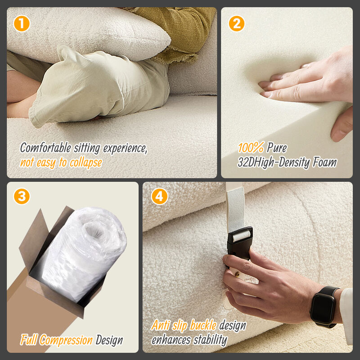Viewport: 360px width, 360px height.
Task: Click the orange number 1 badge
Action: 22,23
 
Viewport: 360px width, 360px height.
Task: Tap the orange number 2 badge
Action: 237,23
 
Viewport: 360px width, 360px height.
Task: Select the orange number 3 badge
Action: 22,197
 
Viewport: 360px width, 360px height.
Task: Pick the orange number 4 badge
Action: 159,197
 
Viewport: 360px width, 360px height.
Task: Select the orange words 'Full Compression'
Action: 56,340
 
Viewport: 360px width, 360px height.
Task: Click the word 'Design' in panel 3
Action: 109,340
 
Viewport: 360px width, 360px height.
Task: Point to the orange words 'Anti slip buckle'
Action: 184,325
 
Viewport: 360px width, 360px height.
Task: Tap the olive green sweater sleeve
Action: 180,27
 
